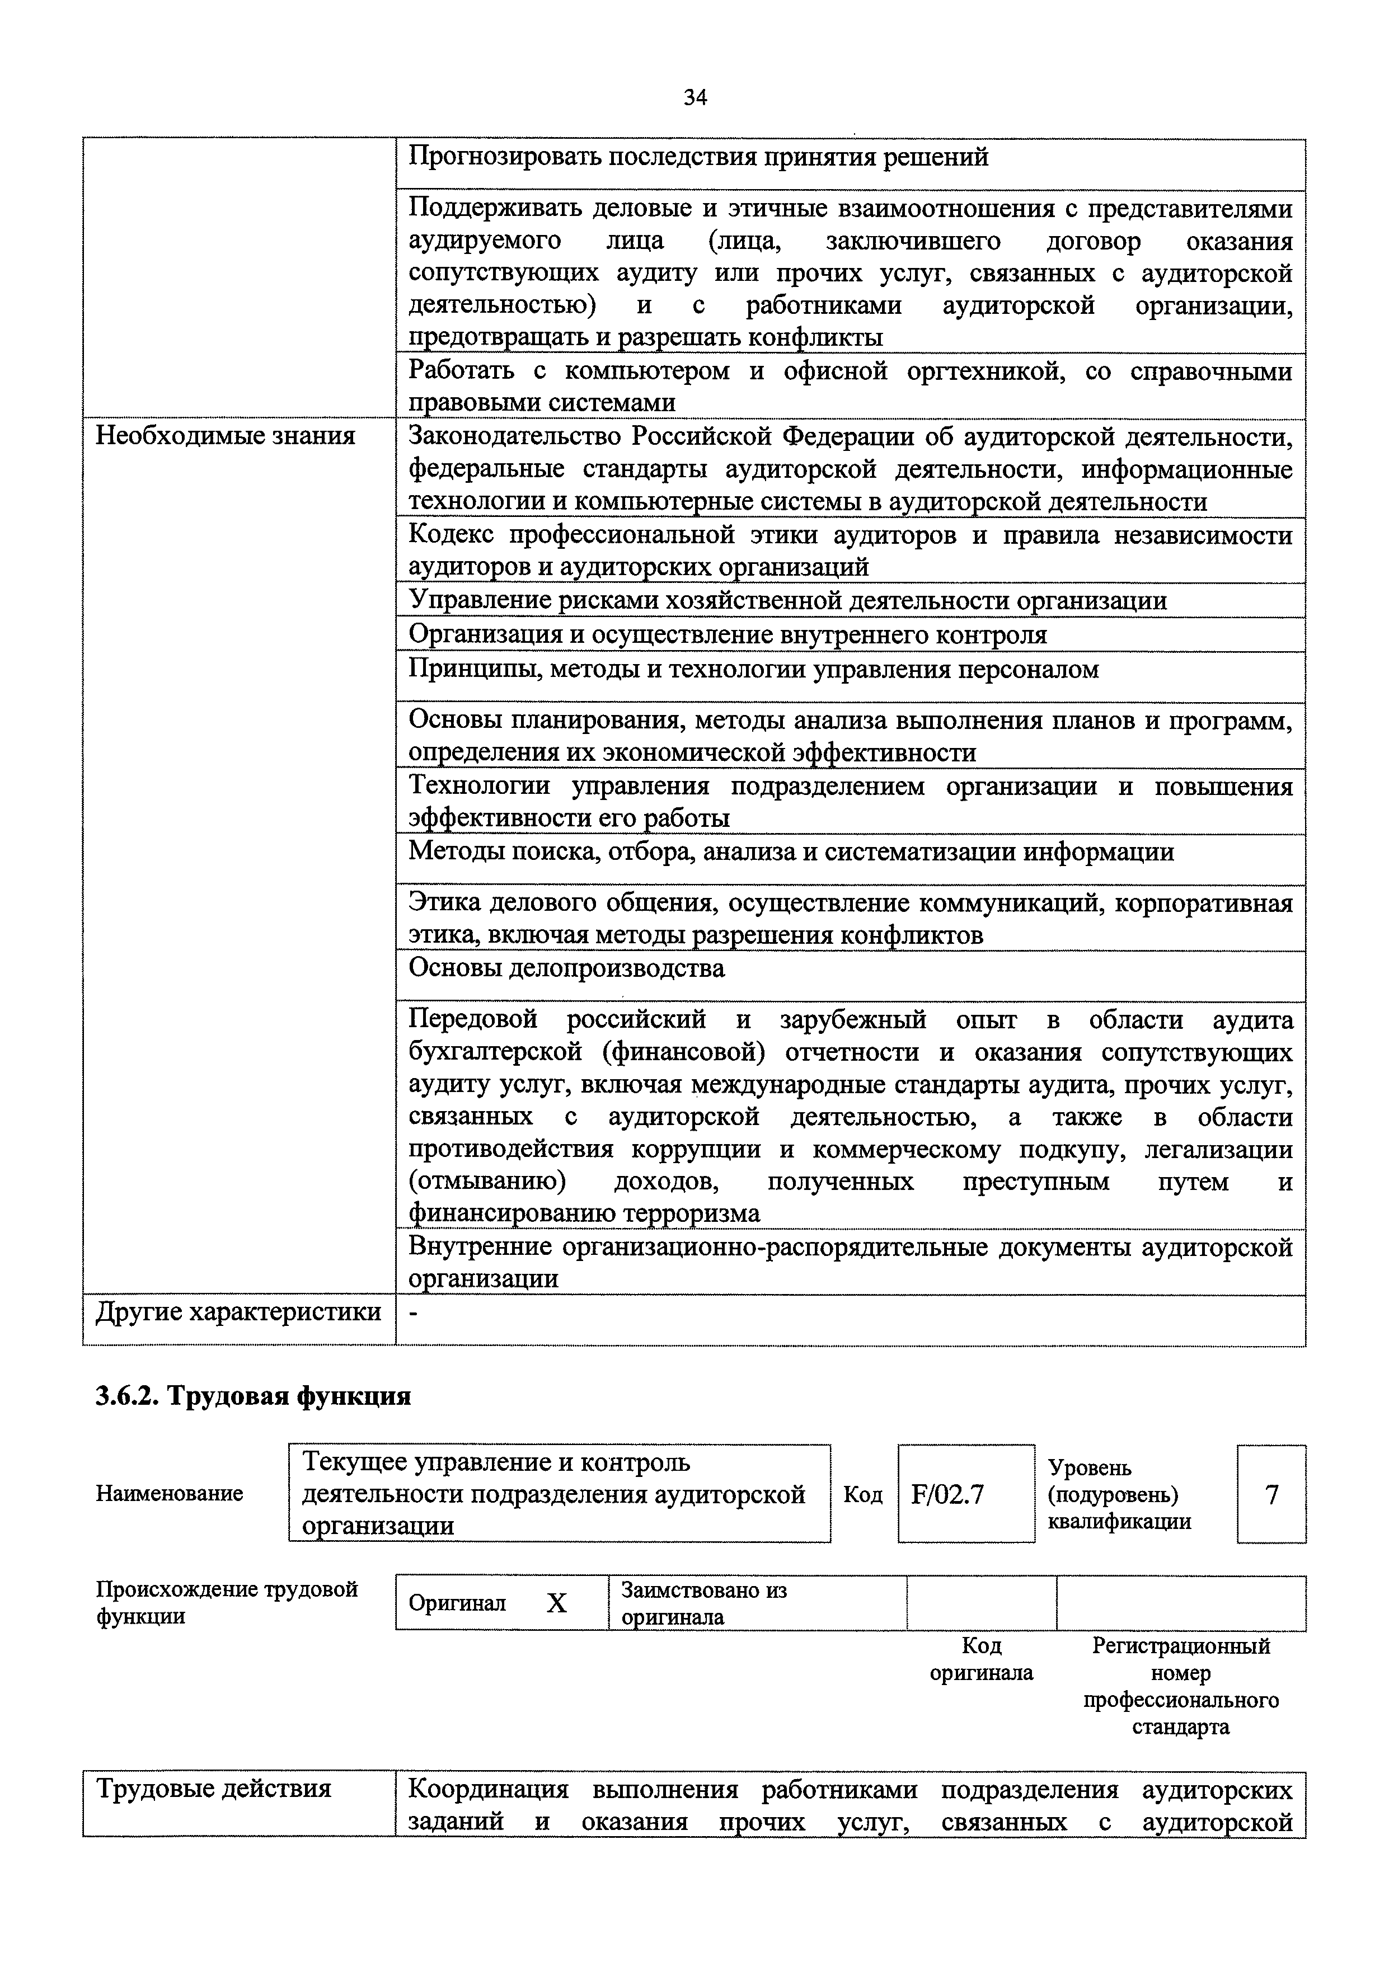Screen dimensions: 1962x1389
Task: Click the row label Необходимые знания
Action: coord(225,436)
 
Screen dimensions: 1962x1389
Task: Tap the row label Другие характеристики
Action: coord(238,1311)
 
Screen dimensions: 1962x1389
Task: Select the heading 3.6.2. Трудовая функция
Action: coord(253,1396)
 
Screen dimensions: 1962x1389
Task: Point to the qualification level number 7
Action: coord(1271,1494)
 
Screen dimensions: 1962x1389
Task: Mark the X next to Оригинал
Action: coord(557,1603)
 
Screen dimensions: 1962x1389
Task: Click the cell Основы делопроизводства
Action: coord(566,968)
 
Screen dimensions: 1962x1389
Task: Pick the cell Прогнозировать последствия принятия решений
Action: coord(698,157)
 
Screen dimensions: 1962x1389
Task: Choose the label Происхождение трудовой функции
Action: coord(227,1602)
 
